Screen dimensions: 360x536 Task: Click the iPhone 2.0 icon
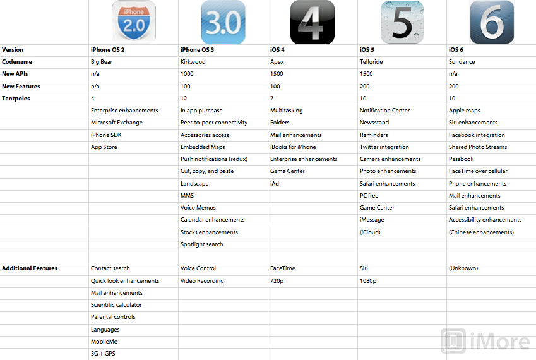pos(133,22)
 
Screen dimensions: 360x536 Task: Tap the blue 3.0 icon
pos(223,22)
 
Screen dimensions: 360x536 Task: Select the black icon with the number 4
pos(312,22)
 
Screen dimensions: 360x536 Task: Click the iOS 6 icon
pos(492,22)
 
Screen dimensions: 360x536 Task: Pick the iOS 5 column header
pos(371,50)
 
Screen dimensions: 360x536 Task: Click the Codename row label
pos(17,62)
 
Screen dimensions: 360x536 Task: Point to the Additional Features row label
pos(30,268)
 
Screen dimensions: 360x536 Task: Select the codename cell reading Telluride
pos(371,62)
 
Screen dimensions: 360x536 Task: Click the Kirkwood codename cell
pos(193,62)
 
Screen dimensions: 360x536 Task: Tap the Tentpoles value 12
pos(184,99)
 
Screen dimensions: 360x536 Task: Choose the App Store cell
pos(104,147)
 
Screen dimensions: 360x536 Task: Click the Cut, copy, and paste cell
pos(207,171)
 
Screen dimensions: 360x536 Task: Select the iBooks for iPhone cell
pos(294,147)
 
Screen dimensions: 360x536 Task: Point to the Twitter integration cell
pos(384,147)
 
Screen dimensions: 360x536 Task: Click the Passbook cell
pos(462,159)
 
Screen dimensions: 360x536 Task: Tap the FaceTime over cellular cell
pos(478,171)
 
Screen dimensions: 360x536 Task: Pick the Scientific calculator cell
pos(117,305)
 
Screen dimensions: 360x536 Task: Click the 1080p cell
pos(368,281)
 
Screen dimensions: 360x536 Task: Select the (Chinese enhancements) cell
pos(481,232)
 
